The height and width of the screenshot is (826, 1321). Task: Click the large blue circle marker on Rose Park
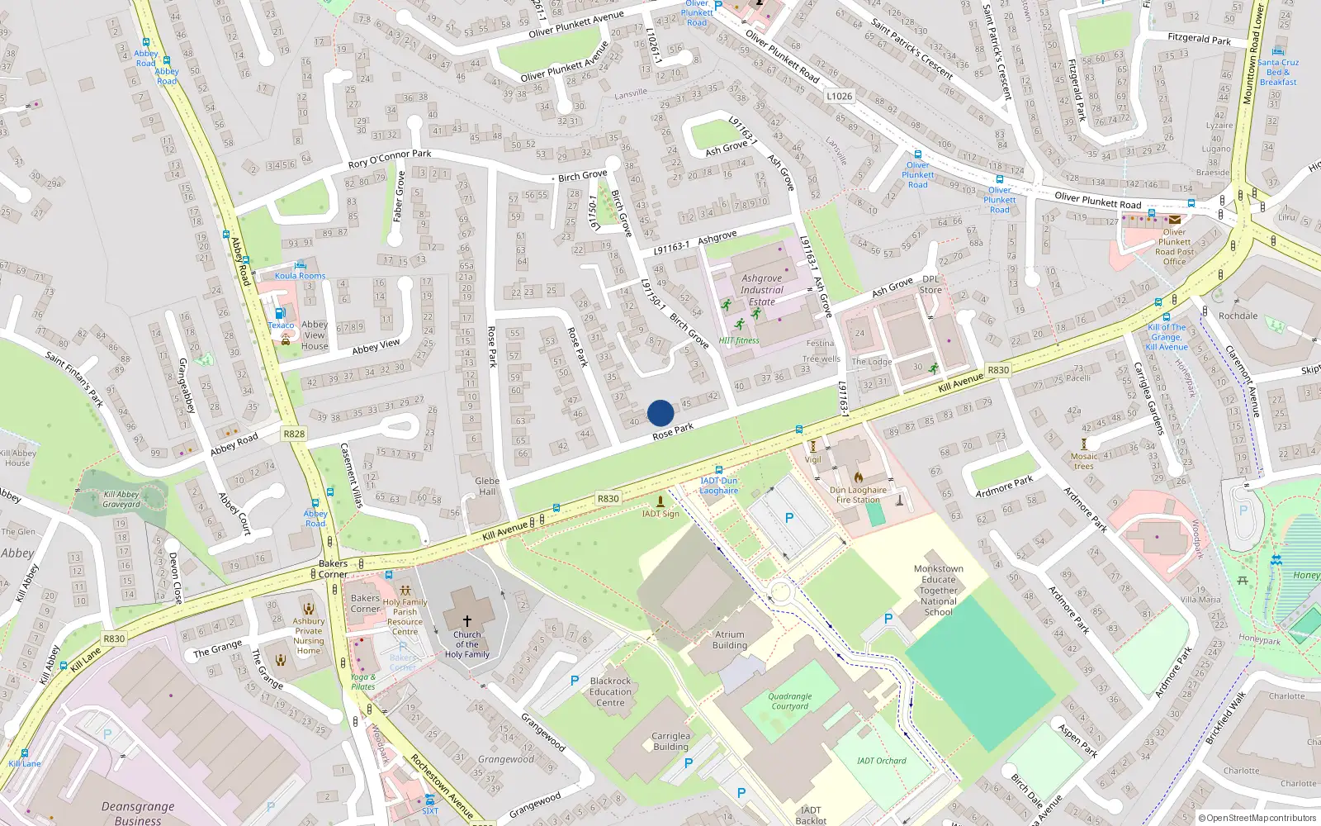[660, 413]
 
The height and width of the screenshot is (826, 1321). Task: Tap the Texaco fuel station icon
[280, 313]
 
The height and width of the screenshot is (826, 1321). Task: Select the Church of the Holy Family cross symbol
[466, 620]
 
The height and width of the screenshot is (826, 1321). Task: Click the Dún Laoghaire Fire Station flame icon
[858, 477]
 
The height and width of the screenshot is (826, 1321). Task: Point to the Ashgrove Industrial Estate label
[761, 290]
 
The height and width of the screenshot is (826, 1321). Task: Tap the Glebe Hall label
[487, 486]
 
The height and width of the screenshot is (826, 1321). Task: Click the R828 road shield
[294, 434]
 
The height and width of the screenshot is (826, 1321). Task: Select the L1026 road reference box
[839, 96]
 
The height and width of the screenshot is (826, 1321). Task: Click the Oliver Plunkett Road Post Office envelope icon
[1174, 220]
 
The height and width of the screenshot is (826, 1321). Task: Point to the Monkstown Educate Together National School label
[939, 591]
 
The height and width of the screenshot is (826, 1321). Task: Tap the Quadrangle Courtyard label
[790, 701]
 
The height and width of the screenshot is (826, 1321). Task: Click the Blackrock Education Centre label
[610, 692]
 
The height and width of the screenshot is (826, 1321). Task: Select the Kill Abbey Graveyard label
[121, 499]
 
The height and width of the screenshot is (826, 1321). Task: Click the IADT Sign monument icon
[660, 501]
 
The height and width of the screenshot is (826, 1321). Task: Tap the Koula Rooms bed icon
[300, 265]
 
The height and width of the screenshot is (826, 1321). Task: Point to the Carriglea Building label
[670, 741]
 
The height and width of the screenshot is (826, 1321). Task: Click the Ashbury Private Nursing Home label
[309, 636]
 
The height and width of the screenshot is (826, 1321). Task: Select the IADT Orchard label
[881, 761]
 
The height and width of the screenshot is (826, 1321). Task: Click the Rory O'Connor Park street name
[390, 159]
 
